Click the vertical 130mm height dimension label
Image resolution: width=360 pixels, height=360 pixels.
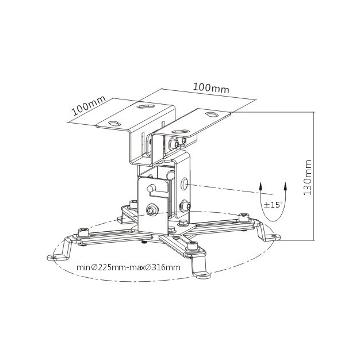point(308,178)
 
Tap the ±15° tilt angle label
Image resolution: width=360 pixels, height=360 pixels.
point(273,205)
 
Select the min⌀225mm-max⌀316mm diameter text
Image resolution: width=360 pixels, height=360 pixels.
point(128,267)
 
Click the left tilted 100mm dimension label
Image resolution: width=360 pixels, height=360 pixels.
point(89,105)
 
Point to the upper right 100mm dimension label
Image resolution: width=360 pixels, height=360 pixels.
point(211,88)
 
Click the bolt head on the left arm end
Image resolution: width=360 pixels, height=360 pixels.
point(83,232)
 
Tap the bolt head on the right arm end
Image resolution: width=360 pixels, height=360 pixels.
point(244,217)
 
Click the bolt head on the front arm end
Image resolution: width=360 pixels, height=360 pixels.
point(193,246)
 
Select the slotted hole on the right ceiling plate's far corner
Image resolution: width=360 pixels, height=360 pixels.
point(212,114)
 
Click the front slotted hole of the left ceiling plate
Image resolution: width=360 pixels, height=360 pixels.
point(114,124)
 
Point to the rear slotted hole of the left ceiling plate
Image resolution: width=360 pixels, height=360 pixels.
point(146,106)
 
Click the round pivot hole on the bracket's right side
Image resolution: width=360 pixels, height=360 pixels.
point(185,183)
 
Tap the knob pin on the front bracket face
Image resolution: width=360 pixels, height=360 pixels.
point(150,189)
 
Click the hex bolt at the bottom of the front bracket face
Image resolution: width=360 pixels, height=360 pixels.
point(151,210)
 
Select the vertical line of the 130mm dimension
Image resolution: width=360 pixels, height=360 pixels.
point(314,177)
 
